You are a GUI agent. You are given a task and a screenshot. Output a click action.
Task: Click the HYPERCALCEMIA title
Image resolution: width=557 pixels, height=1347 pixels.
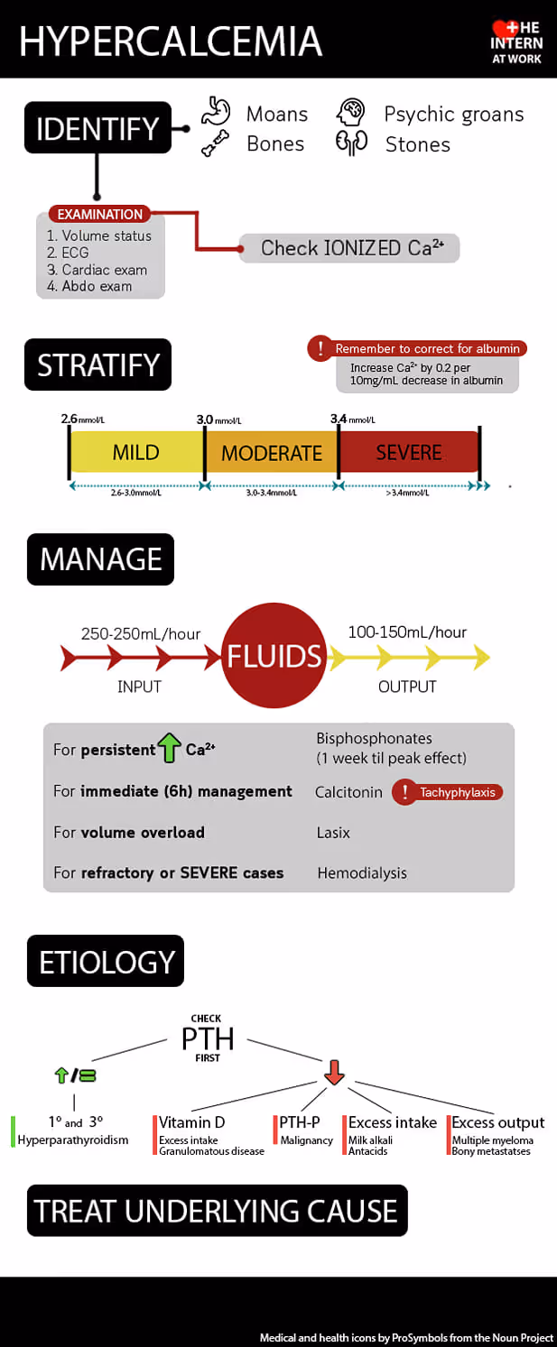click(170, 41)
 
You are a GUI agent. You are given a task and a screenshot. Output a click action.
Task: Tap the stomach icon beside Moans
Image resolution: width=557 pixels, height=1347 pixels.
click(216, 113)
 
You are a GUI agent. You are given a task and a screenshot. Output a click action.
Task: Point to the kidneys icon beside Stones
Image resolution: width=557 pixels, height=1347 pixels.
click(351, 143)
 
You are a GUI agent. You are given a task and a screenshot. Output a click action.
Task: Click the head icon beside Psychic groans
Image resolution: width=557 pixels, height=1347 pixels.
click(351, 113)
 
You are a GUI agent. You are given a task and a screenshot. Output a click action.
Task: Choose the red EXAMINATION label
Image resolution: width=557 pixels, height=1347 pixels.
click(100, 214)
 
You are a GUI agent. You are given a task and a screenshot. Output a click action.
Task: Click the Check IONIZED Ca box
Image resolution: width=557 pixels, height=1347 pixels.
click(349, 248)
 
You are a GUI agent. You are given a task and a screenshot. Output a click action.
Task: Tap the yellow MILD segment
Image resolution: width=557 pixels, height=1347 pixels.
click(136, 452)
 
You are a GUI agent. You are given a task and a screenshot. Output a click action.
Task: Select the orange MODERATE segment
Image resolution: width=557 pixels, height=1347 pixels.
click(272, 452)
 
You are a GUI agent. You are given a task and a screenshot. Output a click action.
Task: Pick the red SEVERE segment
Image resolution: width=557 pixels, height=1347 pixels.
click(408, 452)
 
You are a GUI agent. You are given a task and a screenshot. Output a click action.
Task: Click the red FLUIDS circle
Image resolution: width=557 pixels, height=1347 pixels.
click(274, 656)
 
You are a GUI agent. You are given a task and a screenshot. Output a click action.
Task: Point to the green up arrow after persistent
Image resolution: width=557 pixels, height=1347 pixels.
click(169, 748)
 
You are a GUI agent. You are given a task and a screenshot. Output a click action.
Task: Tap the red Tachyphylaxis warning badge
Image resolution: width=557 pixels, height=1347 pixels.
click(448, 792)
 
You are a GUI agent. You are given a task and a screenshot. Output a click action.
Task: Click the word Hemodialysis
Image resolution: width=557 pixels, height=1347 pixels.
click(362, 872)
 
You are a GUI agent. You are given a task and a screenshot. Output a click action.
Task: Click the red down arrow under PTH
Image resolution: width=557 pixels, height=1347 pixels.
click(334, 1072)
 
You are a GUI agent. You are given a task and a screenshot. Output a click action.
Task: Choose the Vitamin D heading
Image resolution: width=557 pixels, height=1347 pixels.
click(192, 1122)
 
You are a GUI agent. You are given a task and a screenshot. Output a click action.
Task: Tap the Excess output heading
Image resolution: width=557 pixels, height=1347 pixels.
click(498, 1122)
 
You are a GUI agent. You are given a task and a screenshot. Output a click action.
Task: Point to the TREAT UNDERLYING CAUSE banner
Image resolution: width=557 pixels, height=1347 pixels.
click(217, 1210)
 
